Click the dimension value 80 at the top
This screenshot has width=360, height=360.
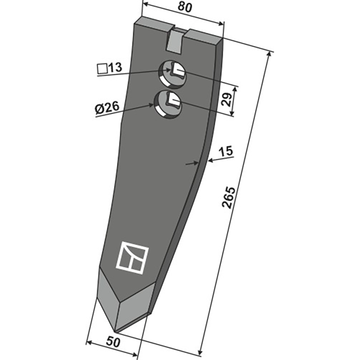pyautogui.click(x=184, y=8)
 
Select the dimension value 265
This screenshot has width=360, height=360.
pyautogui.click(x=229, y=198)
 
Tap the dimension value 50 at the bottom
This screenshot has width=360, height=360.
pyautogui.click(x=113, y=342)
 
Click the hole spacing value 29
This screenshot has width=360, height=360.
pyautogui.click(x=227, y=99)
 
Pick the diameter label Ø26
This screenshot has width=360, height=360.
pyautogui.click(x=107, y=108)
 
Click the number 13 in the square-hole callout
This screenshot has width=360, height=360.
pyautogui.click(x=115, y=68)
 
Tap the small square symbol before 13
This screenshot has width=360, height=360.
pyautogui.click(x=102, y=69)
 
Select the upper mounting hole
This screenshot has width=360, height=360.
pyautogui.click(x=173, y=73)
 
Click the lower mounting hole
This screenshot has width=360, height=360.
pyautogui.click(x=168, y=104)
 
